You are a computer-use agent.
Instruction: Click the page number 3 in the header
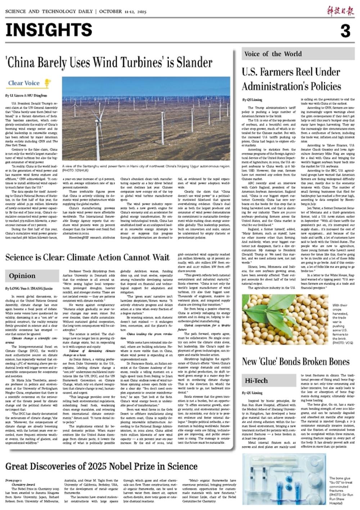345,31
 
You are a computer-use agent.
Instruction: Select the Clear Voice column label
24,83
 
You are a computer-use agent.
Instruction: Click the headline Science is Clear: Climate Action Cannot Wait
87,257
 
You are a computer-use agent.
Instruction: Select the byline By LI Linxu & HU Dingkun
26,96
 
